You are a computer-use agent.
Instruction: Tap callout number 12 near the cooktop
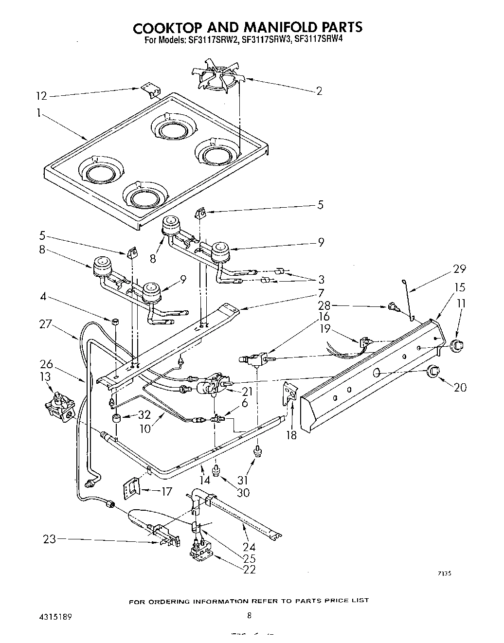click(42, 96)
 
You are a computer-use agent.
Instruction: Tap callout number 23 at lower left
click(50, 539)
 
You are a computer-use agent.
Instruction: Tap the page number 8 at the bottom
click(249, 615)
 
